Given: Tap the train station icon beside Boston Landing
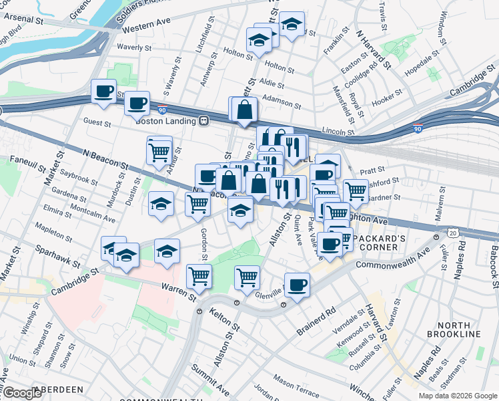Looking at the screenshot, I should pyautogui.click(x=203, y=121).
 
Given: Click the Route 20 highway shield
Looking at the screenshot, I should pyautogui.click(x=453, y=232).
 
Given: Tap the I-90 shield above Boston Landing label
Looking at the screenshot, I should pyautogui.click(x=162, y=108).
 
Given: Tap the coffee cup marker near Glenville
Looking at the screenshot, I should pyautogui.click(x=297, y=283).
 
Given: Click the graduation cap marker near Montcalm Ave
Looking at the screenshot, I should pyautogui.click(x=161, y=205).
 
